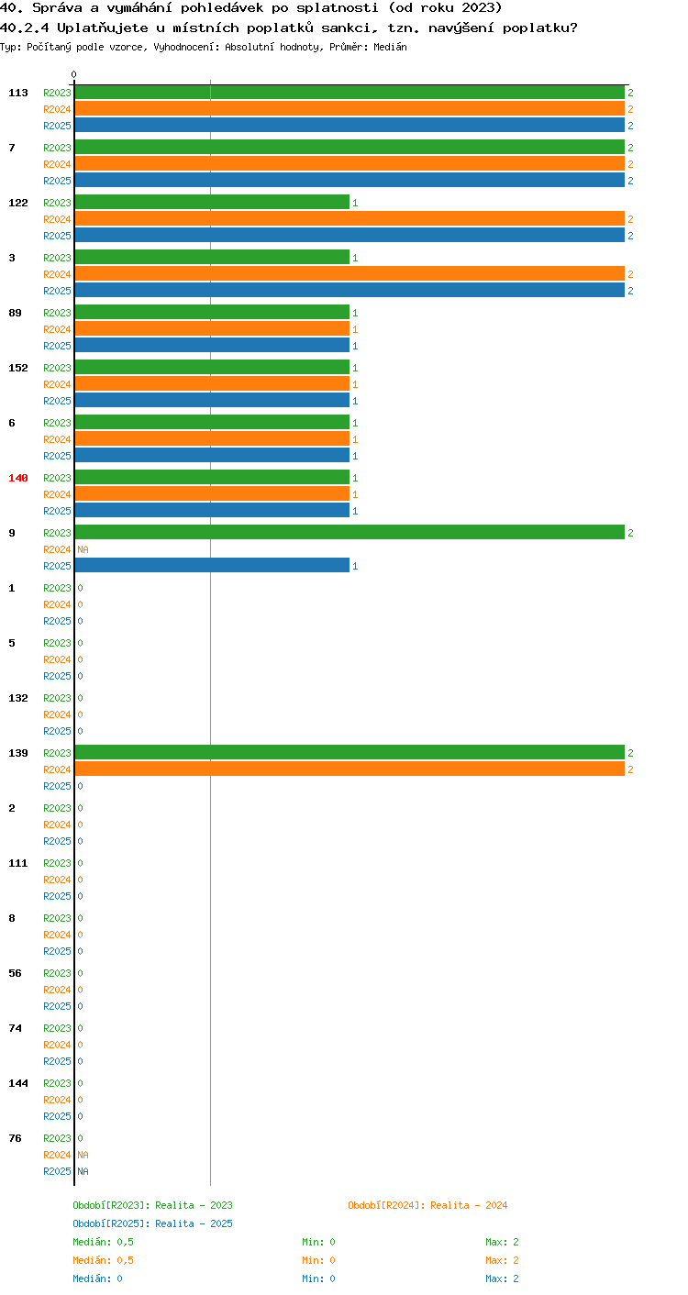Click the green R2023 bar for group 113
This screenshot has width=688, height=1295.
click(350, 93)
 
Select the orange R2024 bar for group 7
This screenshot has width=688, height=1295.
click(350, 164)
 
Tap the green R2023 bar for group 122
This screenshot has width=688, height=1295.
click(212, 203)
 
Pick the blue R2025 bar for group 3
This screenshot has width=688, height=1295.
click(350, 290)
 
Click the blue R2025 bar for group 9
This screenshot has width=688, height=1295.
click(212, 565)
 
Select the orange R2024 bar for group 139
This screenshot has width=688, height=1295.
click(350, 769)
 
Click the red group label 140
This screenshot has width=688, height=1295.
click(18, 478)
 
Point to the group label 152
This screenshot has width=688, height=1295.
click(18, 369)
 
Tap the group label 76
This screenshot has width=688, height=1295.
click(15, 1138)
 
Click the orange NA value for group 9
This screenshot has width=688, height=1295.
click(83, 549)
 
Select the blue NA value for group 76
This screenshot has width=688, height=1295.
click(83, 1171)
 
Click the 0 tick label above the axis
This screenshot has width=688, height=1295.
click(74, 74)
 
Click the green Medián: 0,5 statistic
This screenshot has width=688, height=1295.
click(103, 1243)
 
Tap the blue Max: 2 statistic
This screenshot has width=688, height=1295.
click(502, 1278)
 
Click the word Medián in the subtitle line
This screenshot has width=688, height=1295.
click(390, 47)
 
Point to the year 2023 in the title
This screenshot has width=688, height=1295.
click(478, 8)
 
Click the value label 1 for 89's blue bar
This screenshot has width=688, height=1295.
click(355, 346)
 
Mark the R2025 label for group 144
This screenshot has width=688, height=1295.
click(57, 1116)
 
